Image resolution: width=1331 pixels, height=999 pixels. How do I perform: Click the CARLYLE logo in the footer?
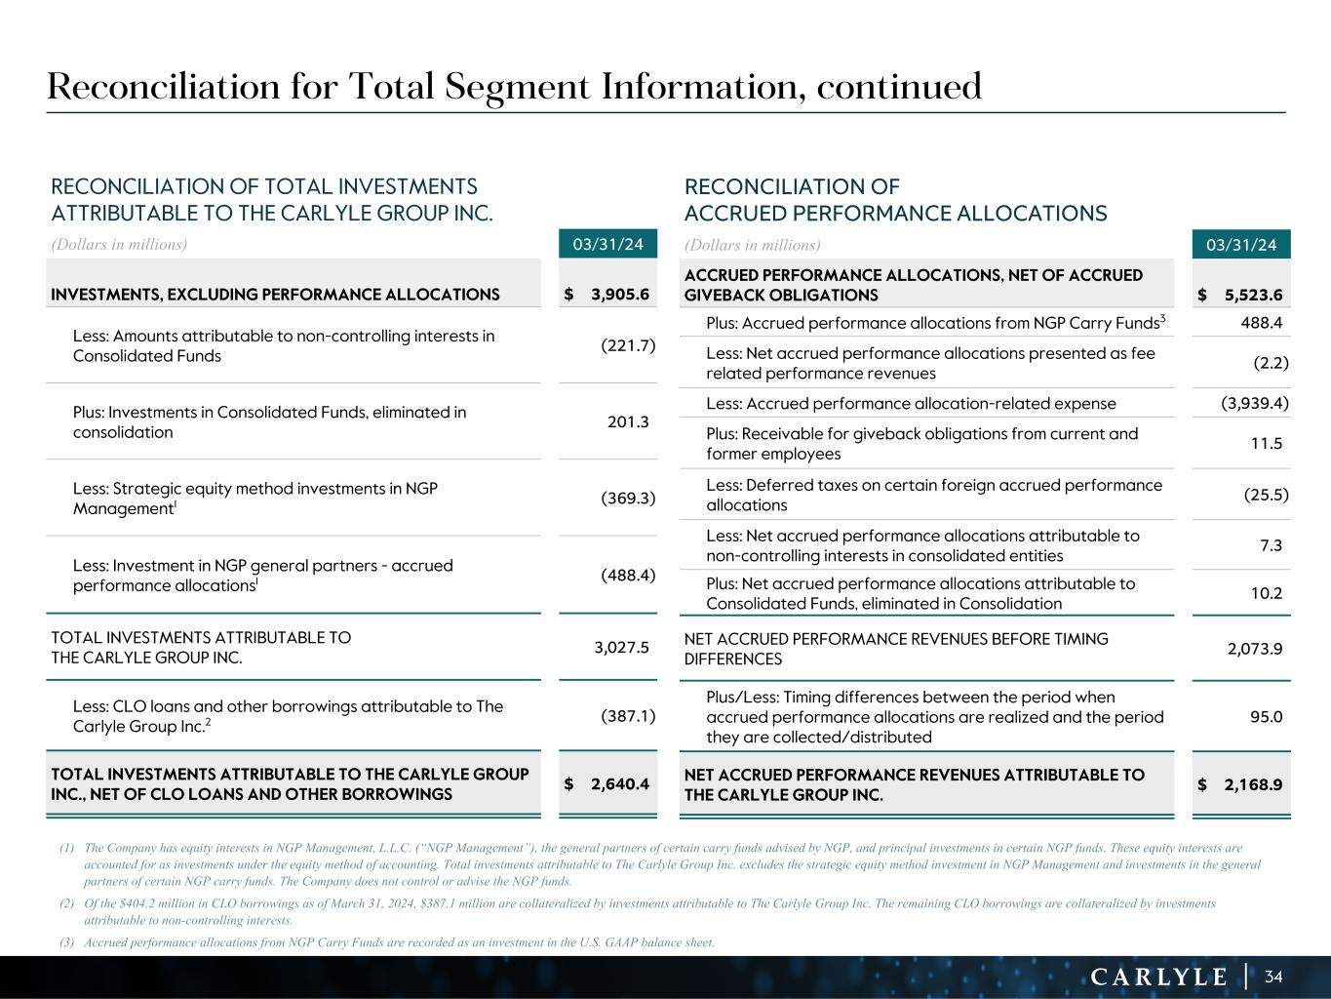tap(1158, 977)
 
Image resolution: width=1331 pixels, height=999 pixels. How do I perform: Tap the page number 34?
tap(1273, 977)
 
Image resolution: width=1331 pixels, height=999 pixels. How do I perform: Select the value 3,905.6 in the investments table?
tap(619, 295)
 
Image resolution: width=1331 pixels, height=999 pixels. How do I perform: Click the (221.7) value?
tap(628, 345)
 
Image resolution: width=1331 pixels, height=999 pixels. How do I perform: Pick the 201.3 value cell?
tap(628, 421)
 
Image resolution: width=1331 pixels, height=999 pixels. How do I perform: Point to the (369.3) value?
tap(628, 499)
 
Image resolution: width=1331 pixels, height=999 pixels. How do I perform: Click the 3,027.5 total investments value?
tap(621, 646)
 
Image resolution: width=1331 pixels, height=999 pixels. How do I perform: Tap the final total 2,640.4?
tap(619, 782)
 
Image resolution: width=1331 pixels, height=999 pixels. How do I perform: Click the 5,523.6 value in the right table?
tap(1253, 296)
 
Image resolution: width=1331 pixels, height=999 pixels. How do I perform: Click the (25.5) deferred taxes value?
tap(1266, 495)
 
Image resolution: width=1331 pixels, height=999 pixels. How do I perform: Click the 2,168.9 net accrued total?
tap(1253, 784)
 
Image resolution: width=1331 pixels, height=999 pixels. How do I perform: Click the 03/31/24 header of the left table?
tap(607, 244)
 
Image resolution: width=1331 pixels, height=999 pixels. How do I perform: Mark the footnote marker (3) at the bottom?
tap(66, 942)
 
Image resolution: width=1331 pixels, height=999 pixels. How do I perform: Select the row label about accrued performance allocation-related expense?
tap(911, 403)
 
